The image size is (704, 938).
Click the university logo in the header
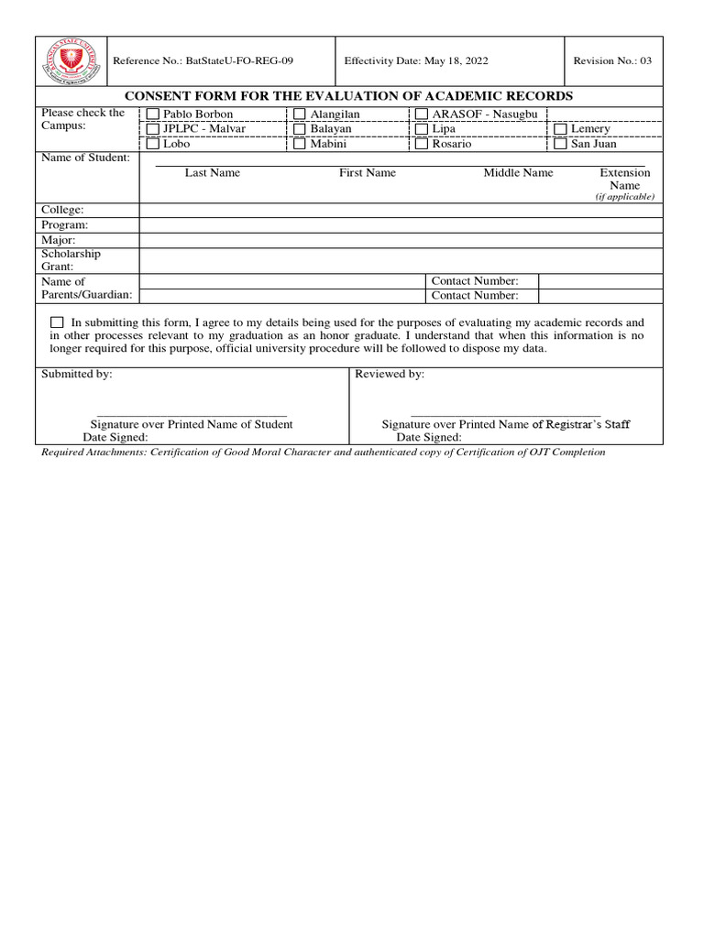pyautogui.click(x=71, y=61)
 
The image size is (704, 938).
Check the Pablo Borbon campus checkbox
pyautogui.click(x=153, y=115)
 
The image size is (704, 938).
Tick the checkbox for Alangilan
pyautogui.click(x=300, y=115)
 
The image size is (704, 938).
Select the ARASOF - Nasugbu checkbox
pyautogui.click(x=422, y=115)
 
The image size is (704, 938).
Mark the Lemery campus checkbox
pyautogui.click(x=560, y=129)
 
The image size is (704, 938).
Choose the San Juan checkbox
pyautogui.click(x=560, y=144)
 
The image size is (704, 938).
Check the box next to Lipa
pyautogui.click(x=422, y=129)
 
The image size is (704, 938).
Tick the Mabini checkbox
pyautogui.click(x=300, y=144)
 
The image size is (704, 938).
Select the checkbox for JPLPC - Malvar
pyautogui.click(x=153, y=129)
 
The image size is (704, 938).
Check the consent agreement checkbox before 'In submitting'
pyautogui.click(x=58, y=322)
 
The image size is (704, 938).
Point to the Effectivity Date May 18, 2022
pyautogui.click(x=415, y=61)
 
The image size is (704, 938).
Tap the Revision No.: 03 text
pyautogui.click(x=612, y=61)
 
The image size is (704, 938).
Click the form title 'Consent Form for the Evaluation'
pyautogui.click(x=348, y=96)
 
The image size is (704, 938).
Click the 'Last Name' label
pyautogui.click(x=212, y=173)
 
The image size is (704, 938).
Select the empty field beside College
pyautogui.click(x=401, y=210)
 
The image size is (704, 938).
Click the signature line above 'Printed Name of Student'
pyautogui.click(x=192, y=415)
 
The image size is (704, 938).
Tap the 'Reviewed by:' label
pyautogui.click(x=390, y=375)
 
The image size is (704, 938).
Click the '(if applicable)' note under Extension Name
pyautogui.click(x=624, y=197)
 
